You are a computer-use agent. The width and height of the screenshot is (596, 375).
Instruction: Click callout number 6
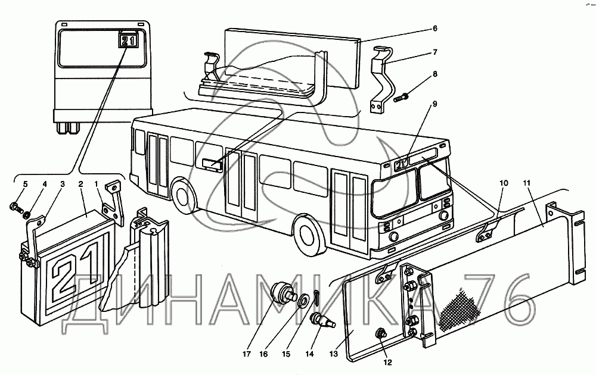[436, 29]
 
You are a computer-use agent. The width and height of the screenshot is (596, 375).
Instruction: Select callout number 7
[436, 52]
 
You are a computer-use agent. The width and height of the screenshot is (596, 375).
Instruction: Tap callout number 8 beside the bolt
[436, 74]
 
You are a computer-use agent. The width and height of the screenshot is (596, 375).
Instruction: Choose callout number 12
[388, 361]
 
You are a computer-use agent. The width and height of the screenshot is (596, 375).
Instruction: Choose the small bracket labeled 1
[112, 199]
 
